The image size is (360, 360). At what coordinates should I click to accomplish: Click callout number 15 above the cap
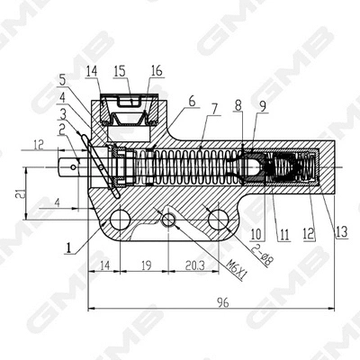[121, 69]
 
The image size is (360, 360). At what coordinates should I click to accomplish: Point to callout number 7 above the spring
[213, 108]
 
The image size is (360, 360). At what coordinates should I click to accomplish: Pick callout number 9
[262, 106]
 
